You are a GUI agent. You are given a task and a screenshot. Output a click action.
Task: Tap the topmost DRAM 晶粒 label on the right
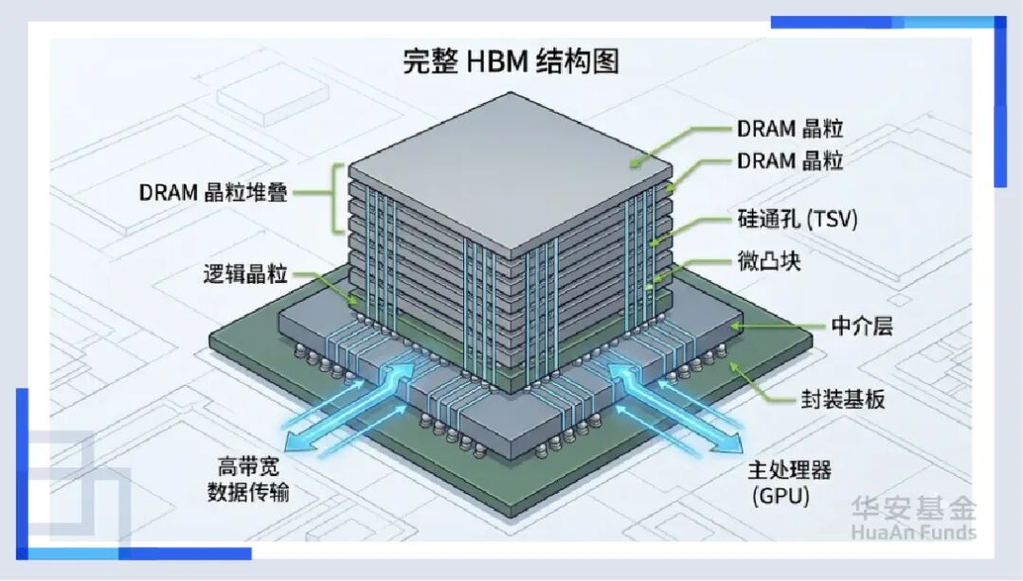point(790,128)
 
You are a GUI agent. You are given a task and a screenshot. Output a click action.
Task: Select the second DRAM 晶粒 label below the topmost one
point(790,161)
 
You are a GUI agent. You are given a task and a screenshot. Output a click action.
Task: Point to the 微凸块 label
point(768,261)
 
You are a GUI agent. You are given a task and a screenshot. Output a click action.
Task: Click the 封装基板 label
point(838,398)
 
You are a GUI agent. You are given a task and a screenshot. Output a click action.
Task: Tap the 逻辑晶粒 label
point(244,275)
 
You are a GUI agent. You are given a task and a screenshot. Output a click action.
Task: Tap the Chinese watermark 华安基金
point(912,508)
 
